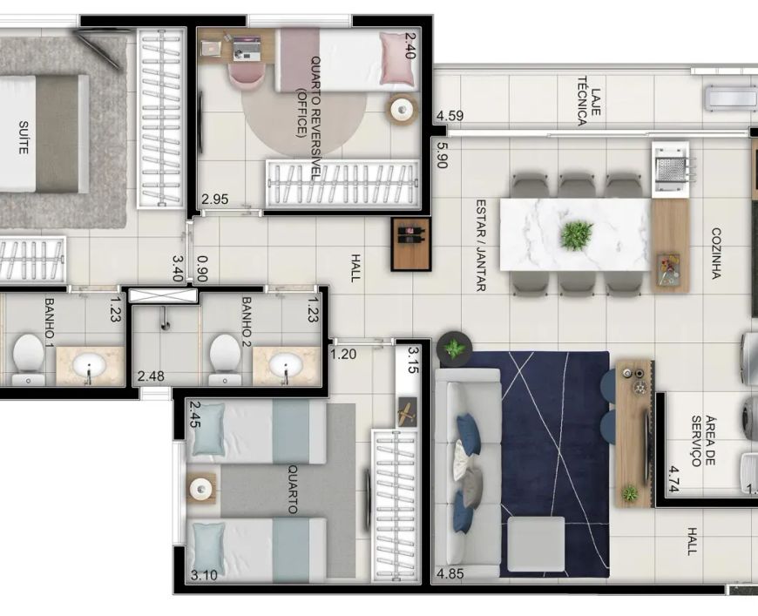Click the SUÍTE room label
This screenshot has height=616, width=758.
pyautogui.click(x=23, y=138)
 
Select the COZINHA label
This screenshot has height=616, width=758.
pyautogui.click(x=716, y=254)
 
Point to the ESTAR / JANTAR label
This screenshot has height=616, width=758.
pyautogui.click(x=481, y=245)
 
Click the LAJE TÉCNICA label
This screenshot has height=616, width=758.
pyautogui.click(x=589, y=101)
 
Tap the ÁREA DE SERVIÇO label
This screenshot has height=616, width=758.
pyautogui.click(x=703, y=441)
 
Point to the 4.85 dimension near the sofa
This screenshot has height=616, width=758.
pyautogui.click(x=450, y=574)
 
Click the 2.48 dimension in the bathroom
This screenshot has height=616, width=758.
pyautogui.click(x=151, y=376)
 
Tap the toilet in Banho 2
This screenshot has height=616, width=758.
pyautogui.click(x=225, y=359)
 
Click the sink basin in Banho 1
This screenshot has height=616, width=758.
pyautogui.click(x=88, y=365)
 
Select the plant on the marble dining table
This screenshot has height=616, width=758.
pyautogui.click(x=576, y=235)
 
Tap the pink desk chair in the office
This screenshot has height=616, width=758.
pyautogui.click(x=247, y=76)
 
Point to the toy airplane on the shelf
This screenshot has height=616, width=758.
pyautogui.click(x=407, y=411)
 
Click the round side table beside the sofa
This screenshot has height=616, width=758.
pyautogui.click(x=454, y=349)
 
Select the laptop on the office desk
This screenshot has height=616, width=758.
pyautogui.click(x=247, y=49)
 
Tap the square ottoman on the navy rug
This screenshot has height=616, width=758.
pyautogui.click(x=536, y=544)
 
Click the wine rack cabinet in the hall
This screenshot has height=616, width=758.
pyautogui.click(x=410, y=244)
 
